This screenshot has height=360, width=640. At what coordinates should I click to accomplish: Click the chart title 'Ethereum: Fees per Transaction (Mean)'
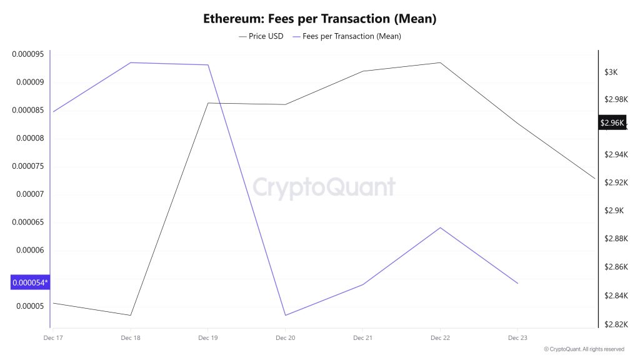point(319,19)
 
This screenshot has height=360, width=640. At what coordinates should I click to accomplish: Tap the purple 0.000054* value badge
point(30,283)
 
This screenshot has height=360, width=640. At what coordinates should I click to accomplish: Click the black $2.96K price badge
point(612,123)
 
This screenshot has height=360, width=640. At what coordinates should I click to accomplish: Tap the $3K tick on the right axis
point(610,72)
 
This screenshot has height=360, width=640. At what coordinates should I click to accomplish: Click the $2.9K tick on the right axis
point(612,211)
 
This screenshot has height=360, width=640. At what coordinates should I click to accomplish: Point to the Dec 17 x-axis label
point(53,338)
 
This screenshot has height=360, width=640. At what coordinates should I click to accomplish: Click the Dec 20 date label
point(285,338)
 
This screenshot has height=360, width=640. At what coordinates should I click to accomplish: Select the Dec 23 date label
point(517,338)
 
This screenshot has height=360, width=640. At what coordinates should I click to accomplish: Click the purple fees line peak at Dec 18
point(131,62)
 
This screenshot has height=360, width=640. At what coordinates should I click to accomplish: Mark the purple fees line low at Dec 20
point(286,315)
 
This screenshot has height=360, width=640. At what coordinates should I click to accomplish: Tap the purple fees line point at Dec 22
point(440,227)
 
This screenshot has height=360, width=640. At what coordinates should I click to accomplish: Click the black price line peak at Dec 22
point(440,62)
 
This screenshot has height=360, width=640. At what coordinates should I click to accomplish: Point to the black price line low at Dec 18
point(131,315)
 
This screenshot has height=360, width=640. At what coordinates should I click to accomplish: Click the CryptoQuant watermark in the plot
point(324,187)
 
